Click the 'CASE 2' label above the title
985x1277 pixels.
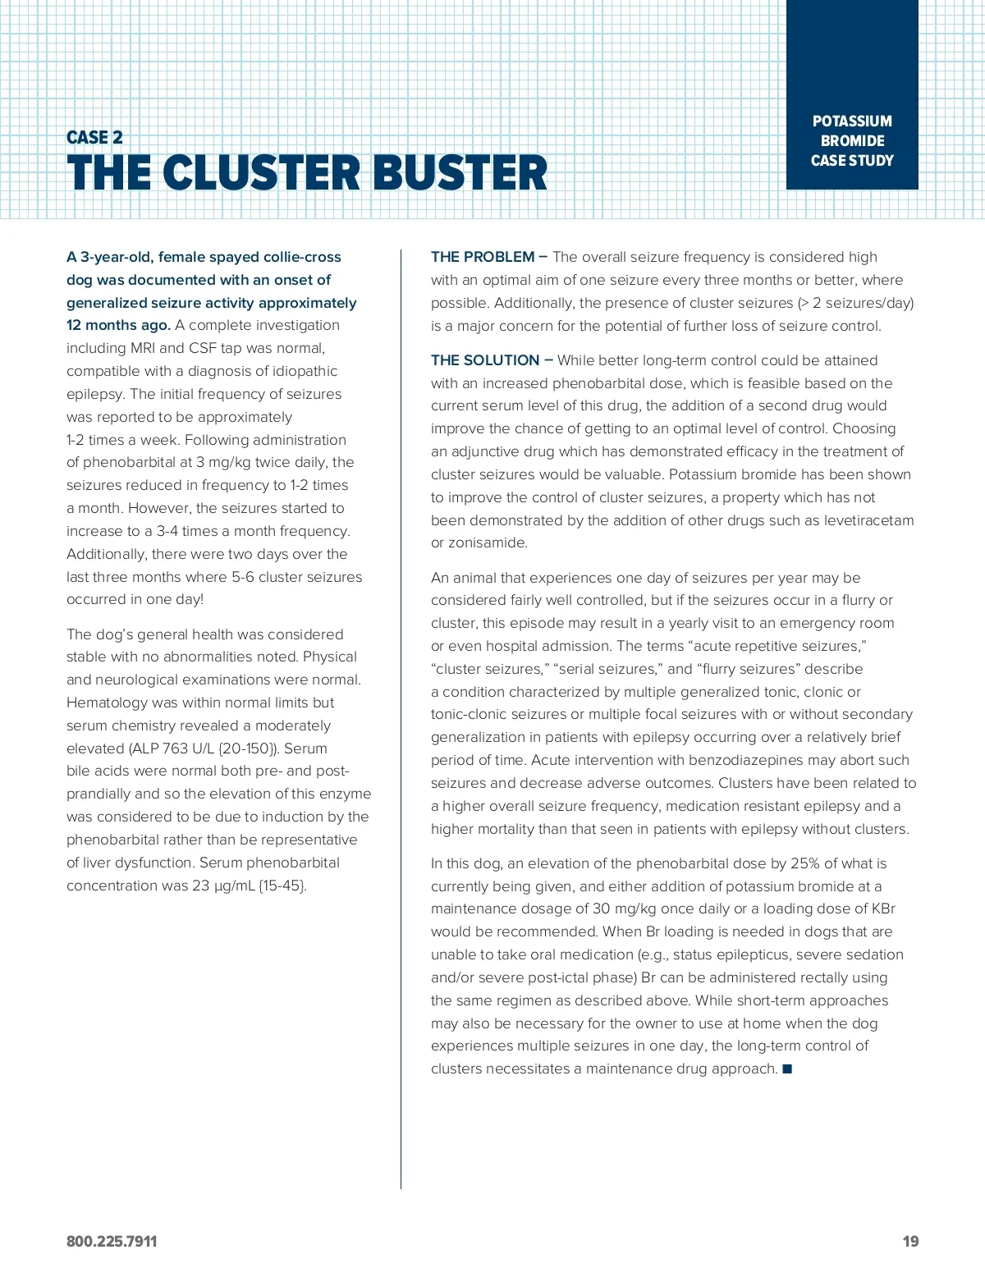coord(94,137)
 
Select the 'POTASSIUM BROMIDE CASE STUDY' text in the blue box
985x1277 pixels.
coord(852,140)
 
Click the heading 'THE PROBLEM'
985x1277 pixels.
coord(483,257)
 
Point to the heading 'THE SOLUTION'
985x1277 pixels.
coord(485,360)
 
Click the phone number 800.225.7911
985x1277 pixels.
coord(112,1241)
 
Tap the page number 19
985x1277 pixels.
coord(910,1241)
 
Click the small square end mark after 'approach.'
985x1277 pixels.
coord(787,1069)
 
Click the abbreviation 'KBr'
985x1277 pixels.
coord(882,909)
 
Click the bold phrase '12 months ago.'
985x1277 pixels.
coord(118,325)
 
